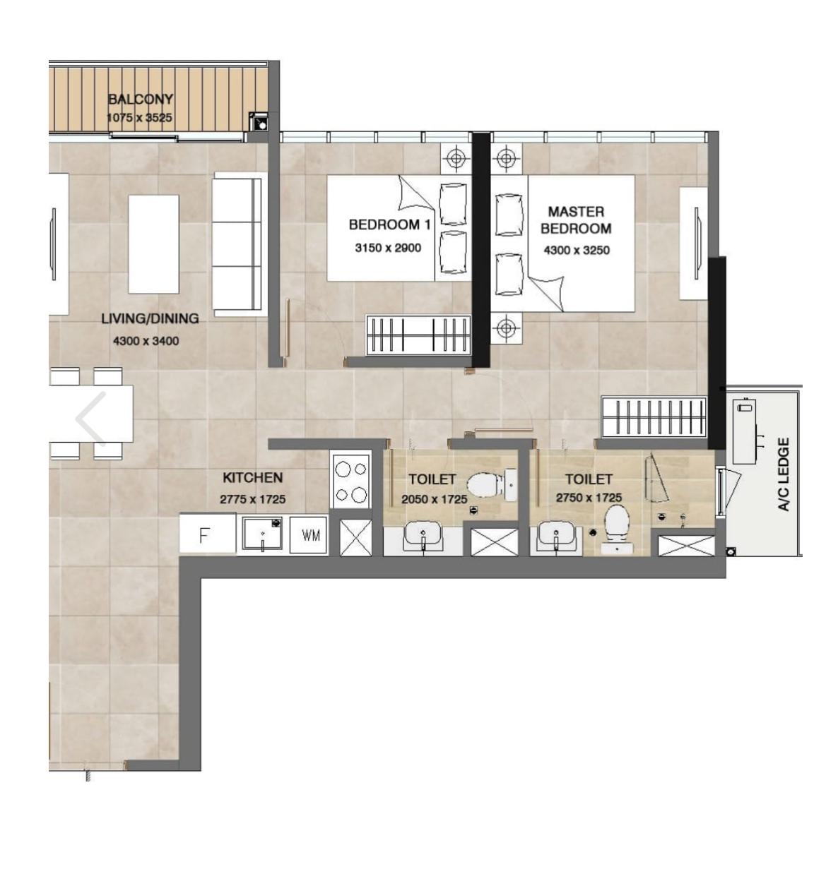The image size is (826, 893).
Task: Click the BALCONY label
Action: click(x=141, y=99)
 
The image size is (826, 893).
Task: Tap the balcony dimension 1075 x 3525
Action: click(x=139, y=118)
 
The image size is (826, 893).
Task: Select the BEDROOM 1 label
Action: click(x=390, y=224)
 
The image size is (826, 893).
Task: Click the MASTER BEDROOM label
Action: click(x=576, y=220)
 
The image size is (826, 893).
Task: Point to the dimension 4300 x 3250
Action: click(x=577, y=251)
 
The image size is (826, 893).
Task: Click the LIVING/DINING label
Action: click(x=150, y=319)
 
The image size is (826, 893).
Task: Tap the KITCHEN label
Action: click(x=252, y=478)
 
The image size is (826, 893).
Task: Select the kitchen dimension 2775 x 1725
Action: click(x=252, y=499)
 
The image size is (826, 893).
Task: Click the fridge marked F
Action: click(x=208, y=534)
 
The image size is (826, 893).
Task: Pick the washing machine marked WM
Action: click(x=308, y=535)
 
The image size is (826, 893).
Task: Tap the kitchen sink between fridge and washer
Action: click(x=262, y=534)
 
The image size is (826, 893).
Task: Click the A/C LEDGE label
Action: click(x=784, y=474)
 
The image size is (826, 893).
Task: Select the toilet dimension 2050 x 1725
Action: click(x=435, y=499)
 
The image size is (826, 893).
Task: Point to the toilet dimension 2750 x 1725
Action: click(x=589, y=498)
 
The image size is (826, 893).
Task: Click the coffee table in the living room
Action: click(x=153, y=244)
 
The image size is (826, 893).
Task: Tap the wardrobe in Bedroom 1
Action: click(x=418, y=335)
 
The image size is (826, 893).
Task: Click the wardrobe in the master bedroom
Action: click(x=654, y=416)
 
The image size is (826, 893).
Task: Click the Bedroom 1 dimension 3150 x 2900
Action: click(x=388, y=248)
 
